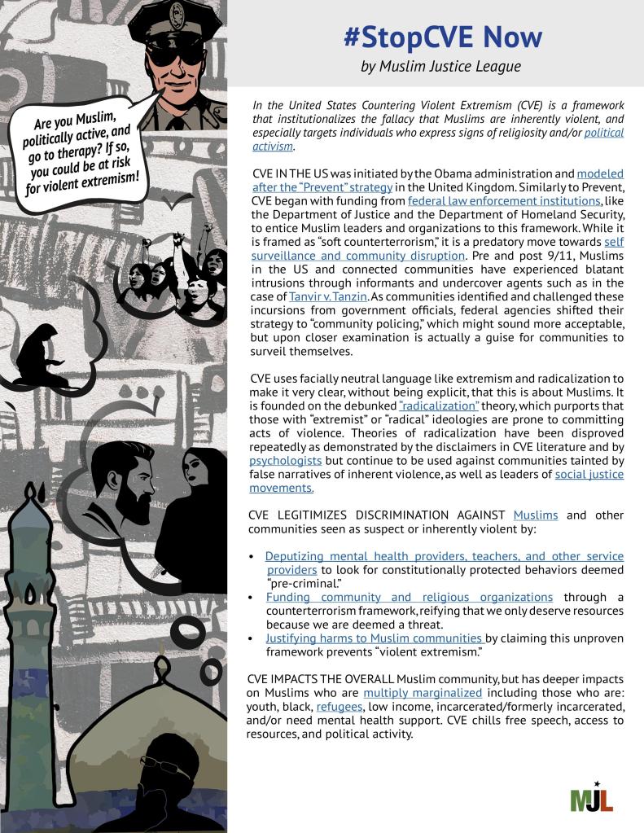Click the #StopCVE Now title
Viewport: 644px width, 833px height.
[x=442, y=37]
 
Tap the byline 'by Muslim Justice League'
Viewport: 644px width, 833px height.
[x=440, y=66]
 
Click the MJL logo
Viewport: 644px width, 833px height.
[x=592, y=798]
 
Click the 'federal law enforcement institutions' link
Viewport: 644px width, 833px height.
[x=505, y=200]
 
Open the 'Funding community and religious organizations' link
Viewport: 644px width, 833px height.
[x=409, y=597]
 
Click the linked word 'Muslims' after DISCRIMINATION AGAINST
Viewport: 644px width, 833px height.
[x=535, y=515]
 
